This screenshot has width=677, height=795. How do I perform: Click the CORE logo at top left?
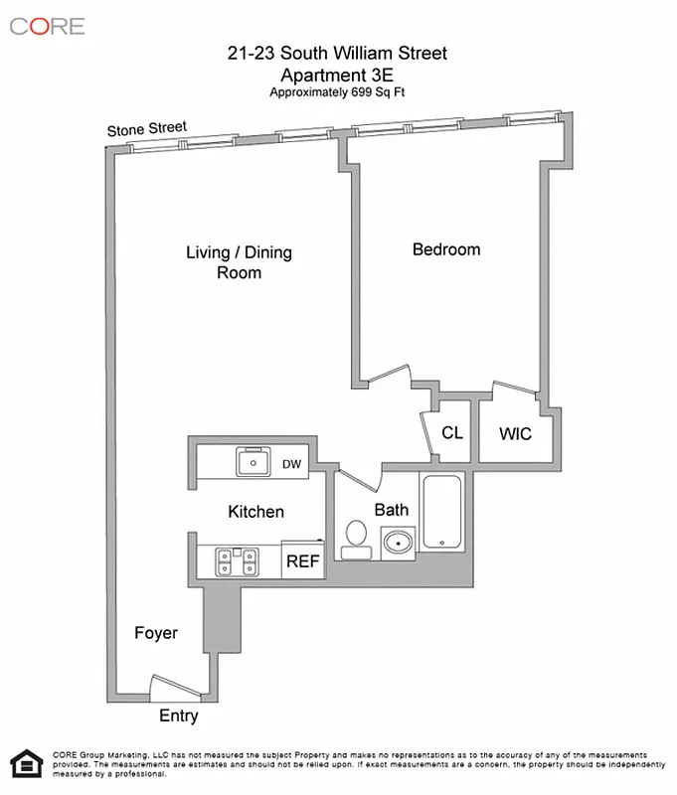[47, 26]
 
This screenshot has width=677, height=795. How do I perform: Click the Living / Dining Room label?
[239, 261]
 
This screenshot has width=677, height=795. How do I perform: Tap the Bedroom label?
[446, 249]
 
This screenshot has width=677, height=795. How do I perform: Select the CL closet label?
[452, 433]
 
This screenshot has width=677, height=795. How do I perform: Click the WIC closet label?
[515, 434]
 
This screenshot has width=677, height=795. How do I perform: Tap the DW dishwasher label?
[292, 463]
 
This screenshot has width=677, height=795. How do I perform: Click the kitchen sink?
[254, 461]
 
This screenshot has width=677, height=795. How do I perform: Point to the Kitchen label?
[256, 512]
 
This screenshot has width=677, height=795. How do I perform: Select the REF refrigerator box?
[303, 560]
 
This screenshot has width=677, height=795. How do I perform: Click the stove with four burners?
[239, 561]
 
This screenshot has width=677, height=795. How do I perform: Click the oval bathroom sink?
[399, 543]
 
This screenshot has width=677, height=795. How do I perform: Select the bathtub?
[440, 512]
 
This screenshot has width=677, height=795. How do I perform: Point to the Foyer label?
[156, 633]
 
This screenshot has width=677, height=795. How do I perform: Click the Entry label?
[179, 715]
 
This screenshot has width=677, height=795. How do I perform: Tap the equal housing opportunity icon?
[26, 763]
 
